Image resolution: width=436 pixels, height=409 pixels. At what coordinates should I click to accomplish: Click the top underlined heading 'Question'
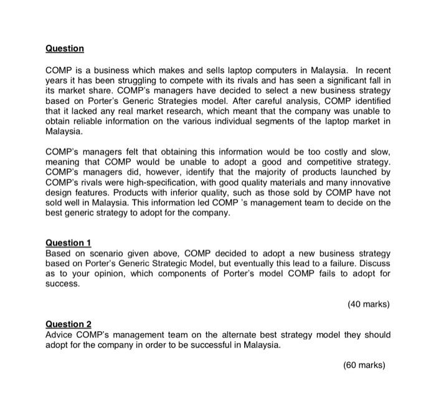(65, 49)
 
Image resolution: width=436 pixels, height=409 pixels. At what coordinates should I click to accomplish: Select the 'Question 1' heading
(69, 243)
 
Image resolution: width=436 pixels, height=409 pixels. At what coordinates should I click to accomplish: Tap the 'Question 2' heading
(69, 324)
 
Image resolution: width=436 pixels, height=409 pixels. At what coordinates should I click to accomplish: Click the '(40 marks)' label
(367, 304)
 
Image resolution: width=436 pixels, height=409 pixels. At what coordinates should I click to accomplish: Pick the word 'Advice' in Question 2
(60, 335)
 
